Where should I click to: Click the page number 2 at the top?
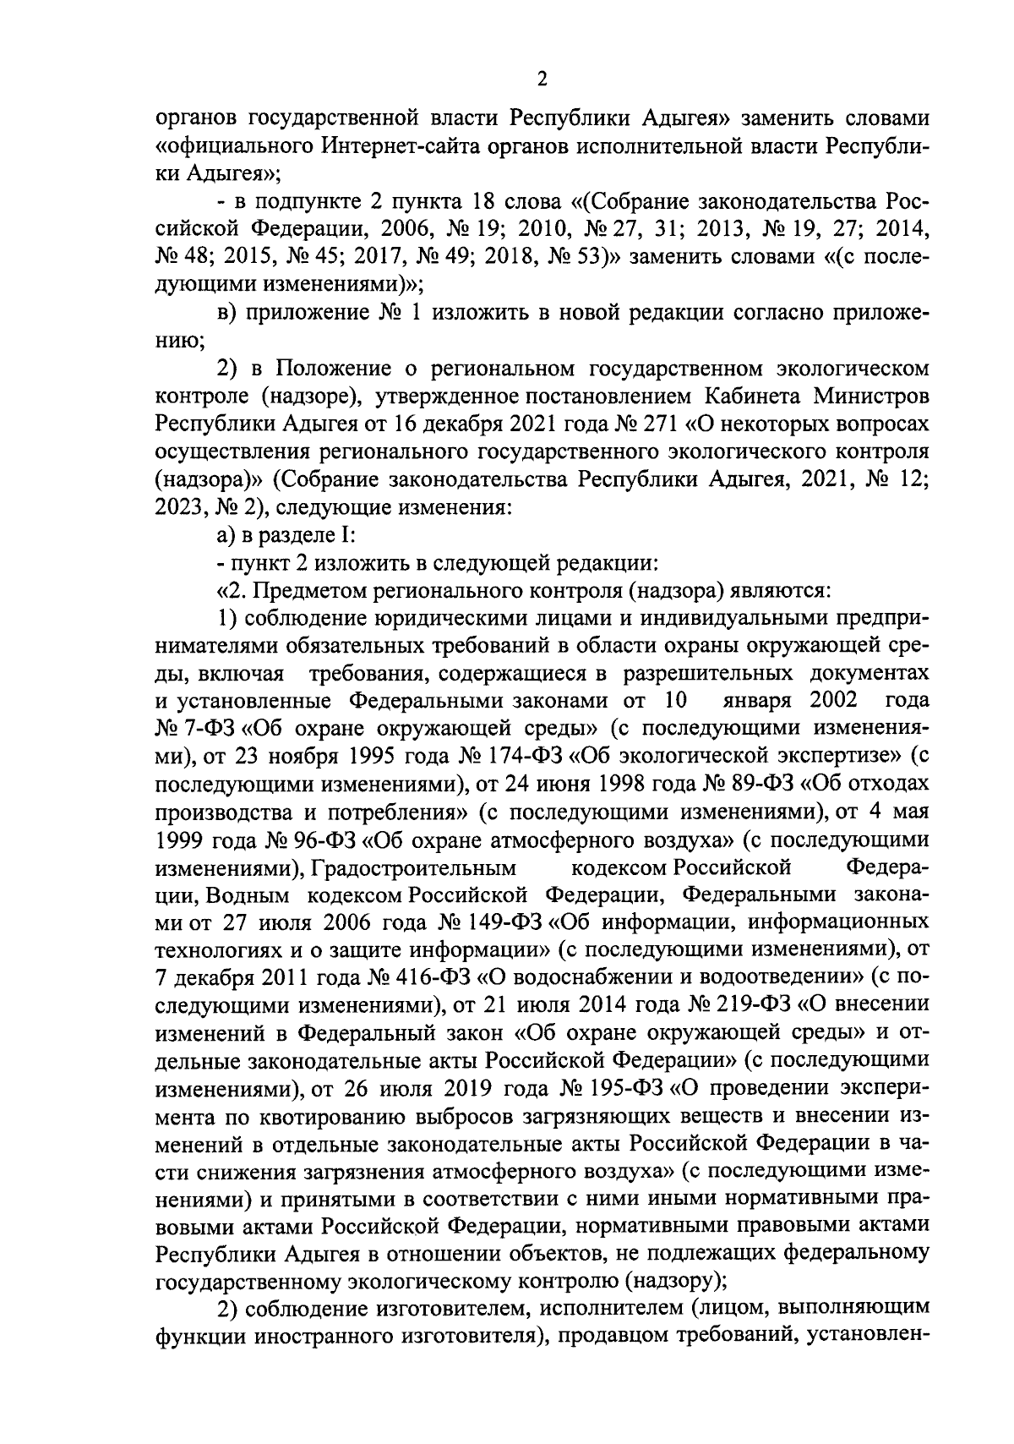point(542,79)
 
